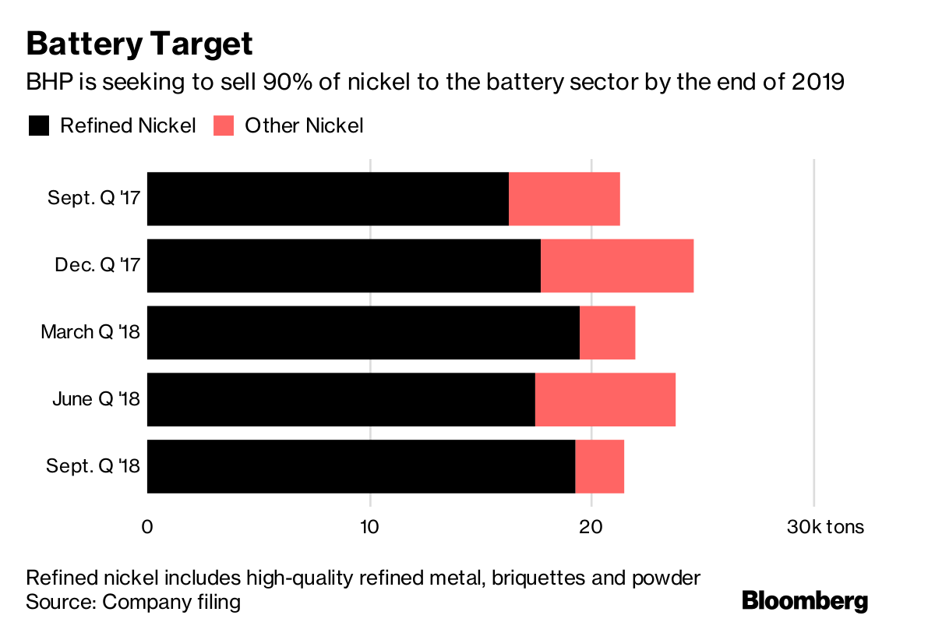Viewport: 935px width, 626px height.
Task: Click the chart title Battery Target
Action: pyautogui.click(x=139, y=44)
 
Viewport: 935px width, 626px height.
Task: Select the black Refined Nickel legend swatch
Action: pyautogui.click(x=38, y=126)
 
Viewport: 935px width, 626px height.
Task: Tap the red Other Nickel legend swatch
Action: pyautogui.click(x=224, y=126)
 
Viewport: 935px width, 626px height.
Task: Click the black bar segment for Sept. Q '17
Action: pyautogui.click(x=327, y=199)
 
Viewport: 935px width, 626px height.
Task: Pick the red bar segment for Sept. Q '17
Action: pyautogui.click(x=564, y=199)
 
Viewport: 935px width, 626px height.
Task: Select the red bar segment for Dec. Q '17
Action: pyautogui.click(x=617, y=266)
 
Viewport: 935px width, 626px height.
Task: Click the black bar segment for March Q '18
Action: pyautogui.click(x=363, y=333)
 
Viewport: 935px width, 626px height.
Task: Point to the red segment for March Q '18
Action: pyautogui.click(x=607, y=333)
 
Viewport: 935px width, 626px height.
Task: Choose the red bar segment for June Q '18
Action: pyautogui.click(x=605, y=399)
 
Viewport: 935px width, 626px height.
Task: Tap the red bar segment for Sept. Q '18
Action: pyautogui.click(x=599, y=466)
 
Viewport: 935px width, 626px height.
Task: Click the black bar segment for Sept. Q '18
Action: pyautogui.click(x=361, y=466)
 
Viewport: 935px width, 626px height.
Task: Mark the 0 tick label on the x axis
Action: pyautogui.click(x=147, y=527)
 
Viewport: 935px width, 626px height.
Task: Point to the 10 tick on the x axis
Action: pyautogui.click(x=369, y=527)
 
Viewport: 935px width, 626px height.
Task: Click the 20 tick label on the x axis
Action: pyautogui.click(x=591, y=527)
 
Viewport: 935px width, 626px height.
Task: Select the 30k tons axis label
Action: pyautogui.click(x=825, y=527)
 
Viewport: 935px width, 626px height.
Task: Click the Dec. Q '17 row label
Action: pyautogui.click(x=97, y=266)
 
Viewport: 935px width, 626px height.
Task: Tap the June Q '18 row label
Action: pyautogui.click(x=96, y=399)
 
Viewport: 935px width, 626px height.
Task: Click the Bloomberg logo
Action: pyautogui.click(x=804, y=600)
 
